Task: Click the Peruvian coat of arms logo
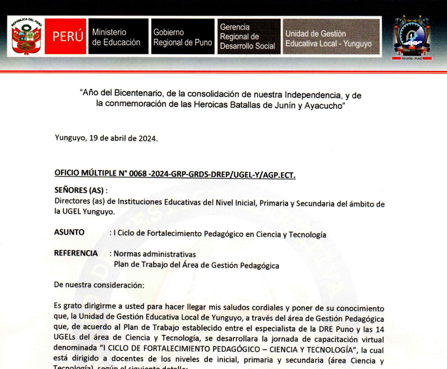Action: pyautogui.click(x=26, y=37)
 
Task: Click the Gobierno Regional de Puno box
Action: pyautogui.click(x=183, y=37)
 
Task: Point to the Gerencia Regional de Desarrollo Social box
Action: pyautogui.click(x=248, y=37)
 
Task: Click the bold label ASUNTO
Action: pyautogui.click(x=70, y=232)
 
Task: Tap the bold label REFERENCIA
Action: pyautogui.click(x=76, y=253)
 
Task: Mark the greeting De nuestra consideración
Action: pyautogui.click(x=99, y=284)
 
